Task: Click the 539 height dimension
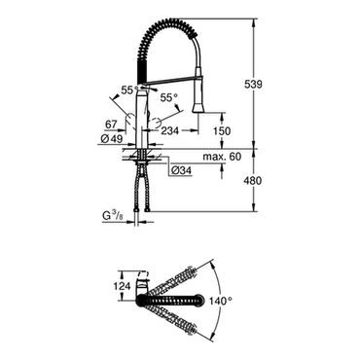[252, 85]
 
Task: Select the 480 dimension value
[252, 181]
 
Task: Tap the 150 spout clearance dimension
[222, 130]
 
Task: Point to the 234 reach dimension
[169, 130]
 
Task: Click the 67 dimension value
[112, 125]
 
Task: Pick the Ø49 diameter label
[112, 139]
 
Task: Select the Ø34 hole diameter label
[181, 170]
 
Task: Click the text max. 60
[222, 157]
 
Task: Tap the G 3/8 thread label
[113, 215]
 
